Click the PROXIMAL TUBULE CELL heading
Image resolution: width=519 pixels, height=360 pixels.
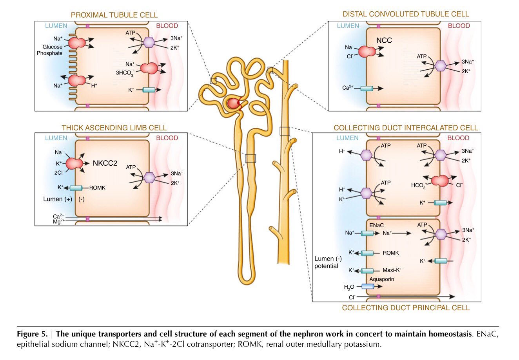114,15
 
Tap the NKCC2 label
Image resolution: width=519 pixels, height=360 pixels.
105,163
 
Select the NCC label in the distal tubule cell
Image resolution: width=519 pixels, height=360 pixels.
384,40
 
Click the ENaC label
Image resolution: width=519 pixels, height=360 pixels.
376,225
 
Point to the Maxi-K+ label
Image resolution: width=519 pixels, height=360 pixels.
392,270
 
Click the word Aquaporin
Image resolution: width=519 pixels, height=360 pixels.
381,279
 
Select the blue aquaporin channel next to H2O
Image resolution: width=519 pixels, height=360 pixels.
367,286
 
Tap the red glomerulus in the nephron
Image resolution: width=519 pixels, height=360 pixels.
234,104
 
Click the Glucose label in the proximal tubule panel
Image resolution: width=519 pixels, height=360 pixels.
53,47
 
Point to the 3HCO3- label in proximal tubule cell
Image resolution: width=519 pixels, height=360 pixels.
125,73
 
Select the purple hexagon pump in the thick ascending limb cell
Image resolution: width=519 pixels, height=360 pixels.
149,177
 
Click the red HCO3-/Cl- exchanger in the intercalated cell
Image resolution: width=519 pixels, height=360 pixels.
439,181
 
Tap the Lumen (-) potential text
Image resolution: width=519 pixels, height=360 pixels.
328,262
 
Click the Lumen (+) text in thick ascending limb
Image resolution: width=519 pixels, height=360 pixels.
58,199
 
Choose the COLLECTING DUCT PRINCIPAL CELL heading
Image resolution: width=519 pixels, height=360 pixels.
405,308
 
